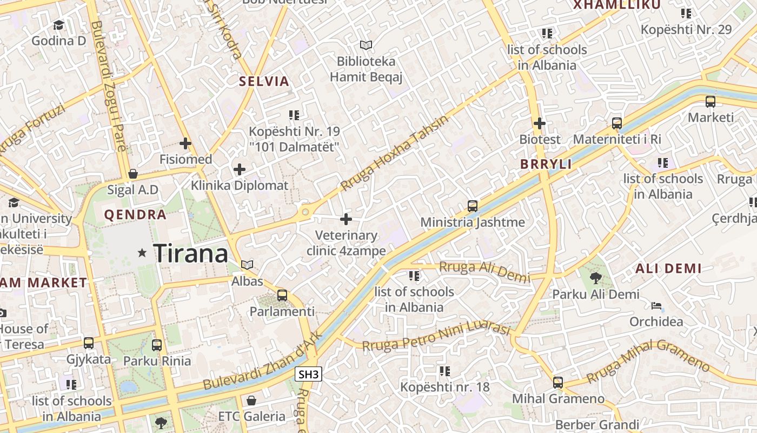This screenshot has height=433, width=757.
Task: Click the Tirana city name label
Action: (191, 253)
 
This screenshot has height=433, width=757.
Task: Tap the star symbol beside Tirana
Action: (142, 253)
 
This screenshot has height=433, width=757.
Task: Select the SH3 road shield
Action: (309, 374)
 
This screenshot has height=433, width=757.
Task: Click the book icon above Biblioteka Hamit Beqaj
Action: (366, 45)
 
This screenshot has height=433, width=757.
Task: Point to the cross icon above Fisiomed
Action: (185, 143)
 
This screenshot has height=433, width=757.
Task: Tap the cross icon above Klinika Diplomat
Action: (240, 169)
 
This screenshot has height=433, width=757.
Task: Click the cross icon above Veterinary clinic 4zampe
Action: (346, 219)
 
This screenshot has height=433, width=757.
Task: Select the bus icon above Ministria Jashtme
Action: (473, 206)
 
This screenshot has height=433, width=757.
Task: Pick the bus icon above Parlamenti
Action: (282, 296)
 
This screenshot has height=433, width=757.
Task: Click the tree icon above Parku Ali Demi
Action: (595, 278)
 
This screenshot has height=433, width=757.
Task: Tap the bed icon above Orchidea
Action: (656, 306)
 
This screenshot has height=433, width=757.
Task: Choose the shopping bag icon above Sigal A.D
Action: (132, 174)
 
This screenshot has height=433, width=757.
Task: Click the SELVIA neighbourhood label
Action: (264, 82)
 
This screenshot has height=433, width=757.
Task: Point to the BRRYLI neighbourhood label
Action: (546, 164)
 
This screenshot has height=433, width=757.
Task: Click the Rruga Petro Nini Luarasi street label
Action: (436, 337)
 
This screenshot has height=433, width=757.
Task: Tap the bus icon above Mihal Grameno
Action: (558, 382)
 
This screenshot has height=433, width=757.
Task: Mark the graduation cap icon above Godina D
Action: (58, 25)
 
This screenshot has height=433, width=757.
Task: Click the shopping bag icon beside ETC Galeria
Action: (251, 401)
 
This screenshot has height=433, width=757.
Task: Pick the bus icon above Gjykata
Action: (88, 343)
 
